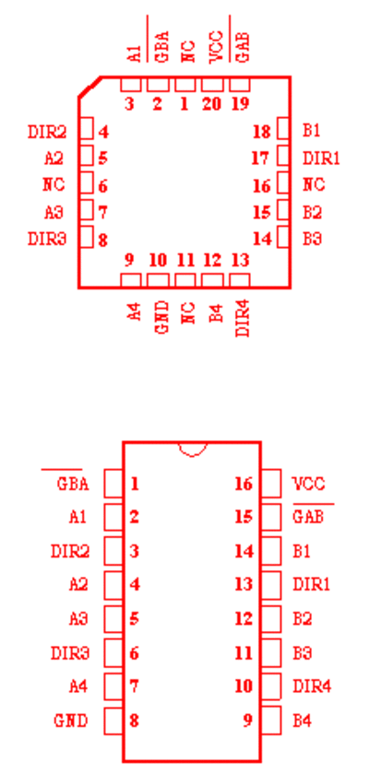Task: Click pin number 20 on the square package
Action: coord(211,104)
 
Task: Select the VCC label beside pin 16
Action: coord(309,484)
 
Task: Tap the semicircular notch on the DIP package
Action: coord(193,450)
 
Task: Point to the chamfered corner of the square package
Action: coord(89,88)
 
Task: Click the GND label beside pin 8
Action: coord(71,720)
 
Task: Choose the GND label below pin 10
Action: coord(162,318)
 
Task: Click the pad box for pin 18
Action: coord(282,129)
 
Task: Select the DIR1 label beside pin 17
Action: coord(321,158)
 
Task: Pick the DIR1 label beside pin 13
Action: coord(311,584)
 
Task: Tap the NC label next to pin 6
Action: coord(54,185)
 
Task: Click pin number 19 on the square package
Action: coord(240,104)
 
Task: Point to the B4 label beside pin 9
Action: coord(302,720)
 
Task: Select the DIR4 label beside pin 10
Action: coord(312,685)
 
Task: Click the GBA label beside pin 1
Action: coord(73,484)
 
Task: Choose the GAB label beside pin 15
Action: coord(308,517)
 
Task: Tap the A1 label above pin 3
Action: coord(135,53)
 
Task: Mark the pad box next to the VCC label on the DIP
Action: coord(270,483)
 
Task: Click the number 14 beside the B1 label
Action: coord(244,551)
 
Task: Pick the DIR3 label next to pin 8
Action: coord(47,239)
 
